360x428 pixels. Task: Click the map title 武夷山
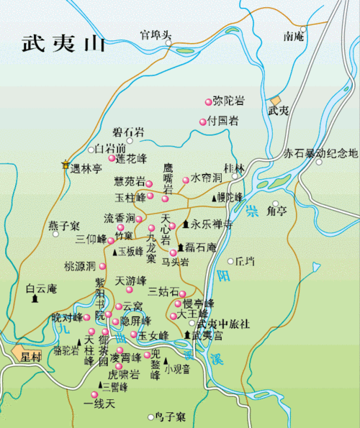pos(63,42)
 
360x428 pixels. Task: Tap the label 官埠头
pos(156,34)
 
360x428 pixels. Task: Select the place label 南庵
pos(294,35)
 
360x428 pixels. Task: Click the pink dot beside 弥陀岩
pos(210,101)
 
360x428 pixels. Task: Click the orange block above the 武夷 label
pos(276,101)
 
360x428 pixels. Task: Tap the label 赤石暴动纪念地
pos(320,153)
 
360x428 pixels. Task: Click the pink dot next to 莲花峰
pos(112,158)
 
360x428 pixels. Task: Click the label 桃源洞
pos(79,266)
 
